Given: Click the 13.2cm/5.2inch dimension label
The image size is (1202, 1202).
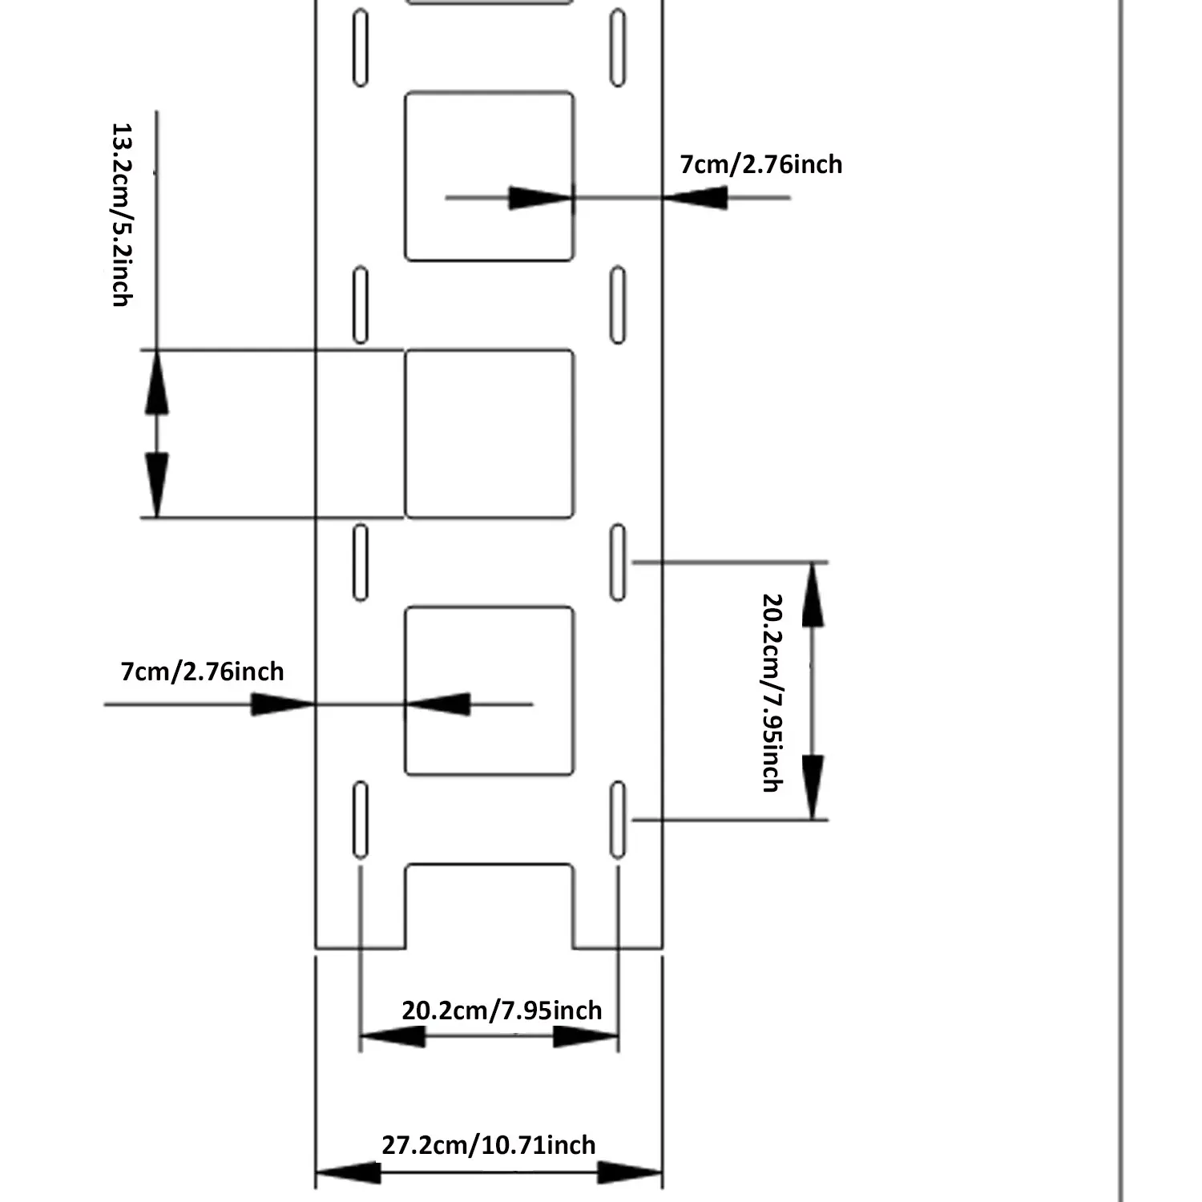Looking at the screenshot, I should pos(121,215).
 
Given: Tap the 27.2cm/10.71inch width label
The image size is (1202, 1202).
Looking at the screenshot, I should pos(488,1145).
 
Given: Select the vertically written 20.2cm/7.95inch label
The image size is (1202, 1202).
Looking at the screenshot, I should pos(771,692).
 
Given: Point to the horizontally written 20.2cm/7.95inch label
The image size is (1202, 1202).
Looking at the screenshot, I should pos(502,1010).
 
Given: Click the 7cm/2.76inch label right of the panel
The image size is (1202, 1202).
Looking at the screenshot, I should pos(760,165).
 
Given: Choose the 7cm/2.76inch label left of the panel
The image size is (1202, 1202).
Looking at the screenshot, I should pos(202,672).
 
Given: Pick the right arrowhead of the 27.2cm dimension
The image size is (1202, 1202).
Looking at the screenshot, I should pos(630,1174).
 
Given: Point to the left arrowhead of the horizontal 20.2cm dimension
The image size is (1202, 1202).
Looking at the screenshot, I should pos(393,1036).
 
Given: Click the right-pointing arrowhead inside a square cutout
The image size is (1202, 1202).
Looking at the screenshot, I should pos(540,197).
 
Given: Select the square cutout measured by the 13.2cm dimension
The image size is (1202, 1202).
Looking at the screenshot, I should pos(489,434).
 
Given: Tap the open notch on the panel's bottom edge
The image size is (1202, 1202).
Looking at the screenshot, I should pos(489,906).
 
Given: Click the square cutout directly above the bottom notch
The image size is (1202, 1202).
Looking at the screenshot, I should pos(489,691).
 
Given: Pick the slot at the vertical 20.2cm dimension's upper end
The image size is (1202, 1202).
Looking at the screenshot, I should pos(618,562).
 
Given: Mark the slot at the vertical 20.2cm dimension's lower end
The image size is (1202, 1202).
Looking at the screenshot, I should pos(618,820).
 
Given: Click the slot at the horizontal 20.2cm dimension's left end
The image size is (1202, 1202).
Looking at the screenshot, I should pos(361,820).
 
